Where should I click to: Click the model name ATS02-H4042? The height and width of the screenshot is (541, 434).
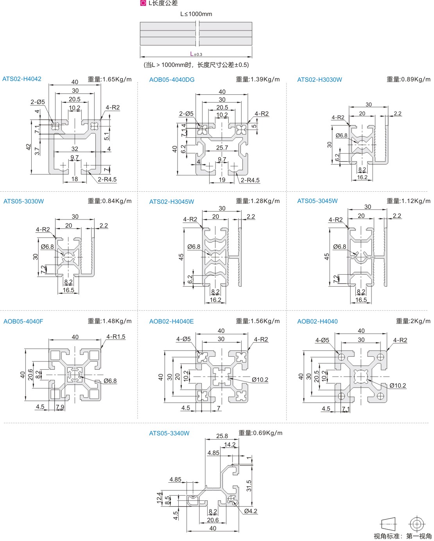[22, 79]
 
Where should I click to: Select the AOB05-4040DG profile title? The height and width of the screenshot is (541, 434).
[172, 80]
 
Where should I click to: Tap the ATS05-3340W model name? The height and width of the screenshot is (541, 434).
[169, 433]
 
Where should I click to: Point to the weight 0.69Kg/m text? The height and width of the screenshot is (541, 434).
[260, 433]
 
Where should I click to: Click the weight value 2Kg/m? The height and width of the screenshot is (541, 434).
[413, 321]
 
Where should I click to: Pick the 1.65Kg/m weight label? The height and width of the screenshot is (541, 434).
[110, 79]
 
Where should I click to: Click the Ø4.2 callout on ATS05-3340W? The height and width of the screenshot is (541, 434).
[251, 511]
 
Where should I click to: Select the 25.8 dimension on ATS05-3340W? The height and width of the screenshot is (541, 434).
[222, 436]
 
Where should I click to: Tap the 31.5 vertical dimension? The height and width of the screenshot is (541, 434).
[249, 486]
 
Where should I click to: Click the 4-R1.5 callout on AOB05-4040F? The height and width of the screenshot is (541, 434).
[116, 337]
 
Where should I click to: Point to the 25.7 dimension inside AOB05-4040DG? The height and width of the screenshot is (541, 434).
[222, 148]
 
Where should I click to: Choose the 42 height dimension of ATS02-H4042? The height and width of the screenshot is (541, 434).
[29, 147]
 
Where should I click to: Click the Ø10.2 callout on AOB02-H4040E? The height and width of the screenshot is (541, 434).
[260, 380]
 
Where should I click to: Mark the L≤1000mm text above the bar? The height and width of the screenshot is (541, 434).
[196, 14]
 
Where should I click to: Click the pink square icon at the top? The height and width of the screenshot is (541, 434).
[143, 4]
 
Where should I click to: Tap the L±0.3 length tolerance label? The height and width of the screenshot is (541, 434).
[196, 54]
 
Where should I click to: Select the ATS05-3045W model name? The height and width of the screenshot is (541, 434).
[317, 201]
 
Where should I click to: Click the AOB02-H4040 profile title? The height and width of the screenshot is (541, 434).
[317, 322]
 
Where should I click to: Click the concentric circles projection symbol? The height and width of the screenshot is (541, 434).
[416, 524]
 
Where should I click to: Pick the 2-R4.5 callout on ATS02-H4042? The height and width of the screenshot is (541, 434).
[107, 180]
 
